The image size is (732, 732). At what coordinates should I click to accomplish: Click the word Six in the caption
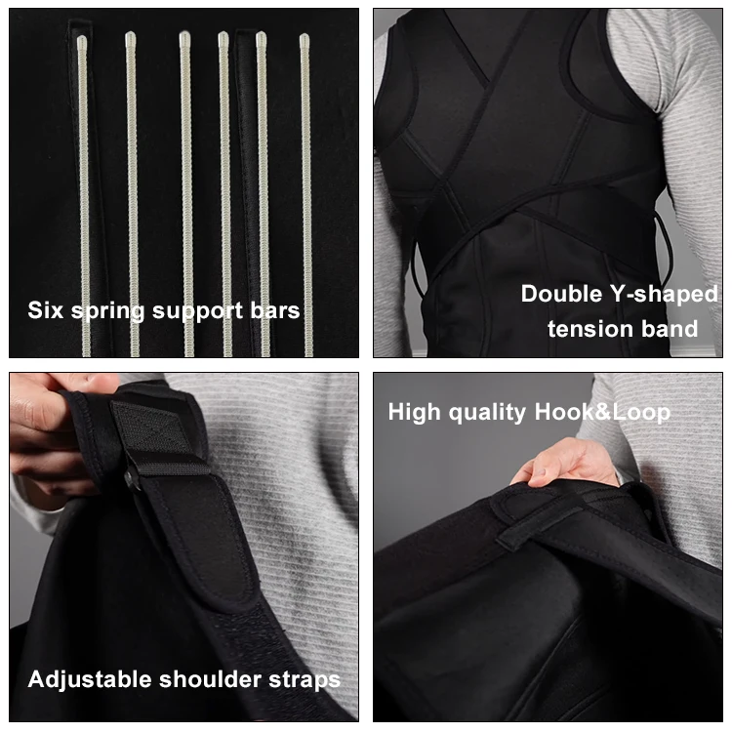pyautogui.click(x=45, y=310)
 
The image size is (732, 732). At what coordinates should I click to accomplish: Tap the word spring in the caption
pyautogui.click(x=107, y=312)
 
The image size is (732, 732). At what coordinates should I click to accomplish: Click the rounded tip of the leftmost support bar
pyautogui.click(x=82, y=41)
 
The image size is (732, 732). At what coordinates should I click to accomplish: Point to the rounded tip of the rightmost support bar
pyautogui.click(x=305, y=38)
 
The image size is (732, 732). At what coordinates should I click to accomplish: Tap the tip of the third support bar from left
pyautogui.click(x=184, y=36)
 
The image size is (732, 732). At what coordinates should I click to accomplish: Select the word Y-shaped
pyautogui.click(x=664, y=295)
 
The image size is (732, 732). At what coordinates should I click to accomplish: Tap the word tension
pyautogui.click(x=590, y=329)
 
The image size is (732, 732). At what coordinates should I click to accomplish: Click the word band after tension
pyautogui.click(x=670, y=329)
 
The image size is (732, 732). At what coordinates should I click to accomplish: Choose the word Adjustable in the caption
pyautogui.click(x=90, y=679)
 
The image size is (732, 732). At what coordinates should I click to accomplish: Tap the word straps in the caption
pyautogui.click(x=305, y=680)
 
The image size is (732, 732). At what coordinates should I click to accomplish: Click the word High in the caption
pyautogui.click(x=414, y=413)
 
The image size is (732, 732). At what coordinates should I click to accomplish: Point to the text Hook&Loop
pyautogui.click(x=602, y=413)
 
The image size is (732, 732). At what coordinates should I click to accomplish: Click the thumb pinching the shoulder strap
pyautogui.click(x=84, y=383)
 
